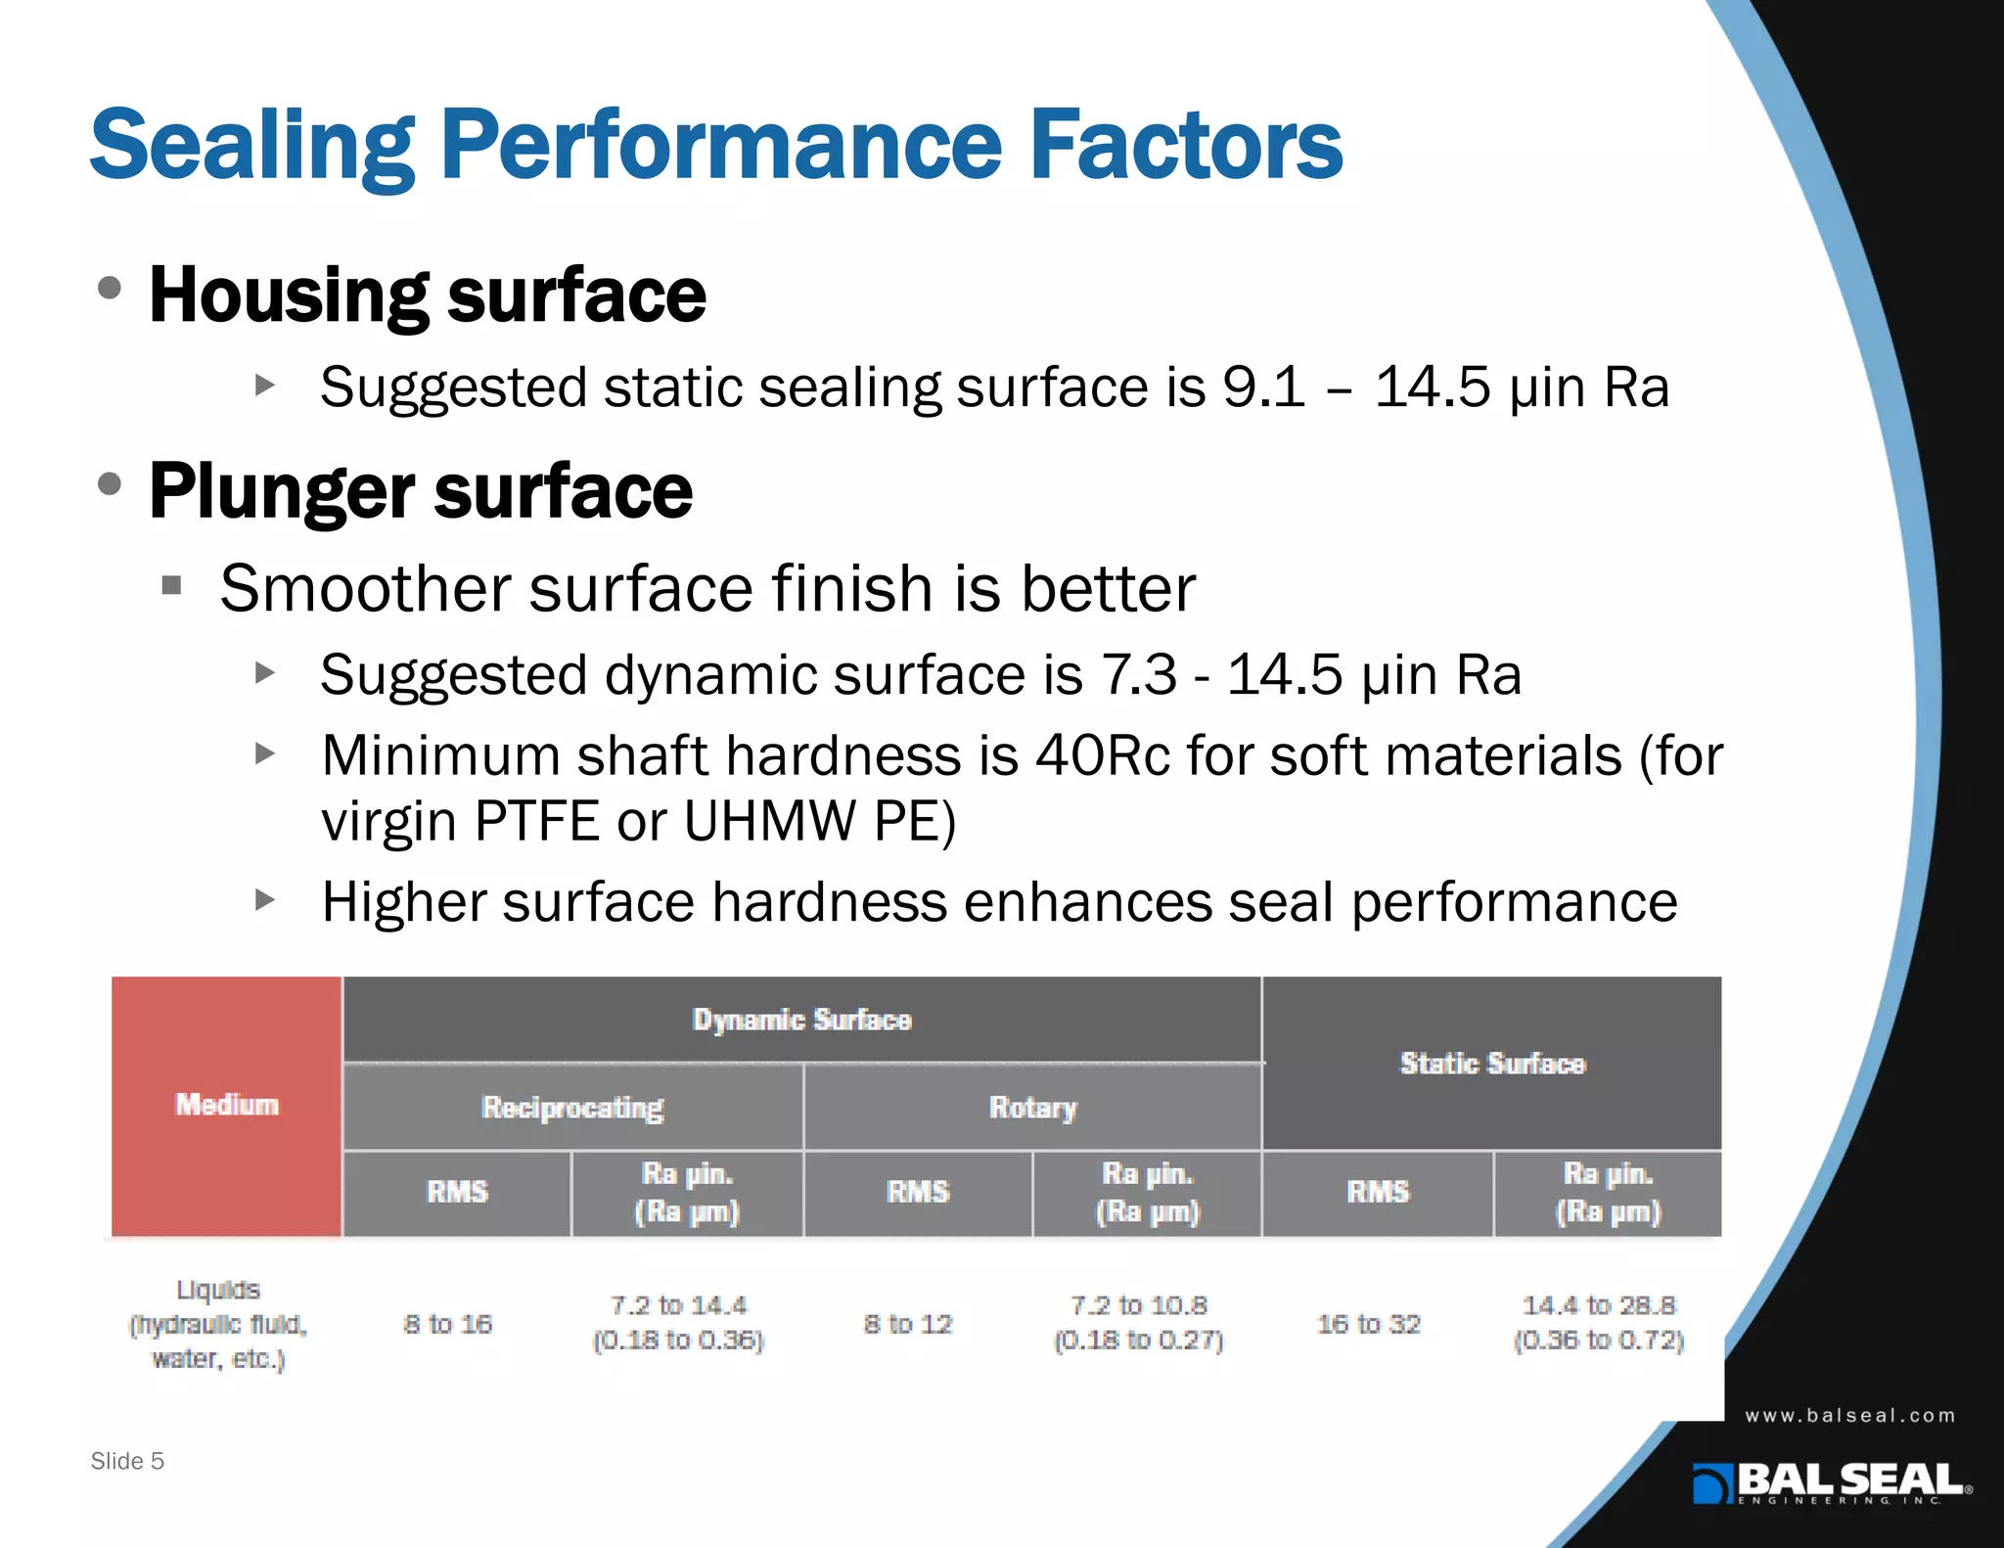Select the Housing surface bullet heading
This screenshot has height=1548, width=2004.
coord(427,296)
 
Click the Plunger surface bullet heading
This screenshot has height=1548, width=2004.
coord(421,491)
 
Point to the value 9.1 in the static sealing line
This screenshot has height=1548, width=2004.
coord(1263,387)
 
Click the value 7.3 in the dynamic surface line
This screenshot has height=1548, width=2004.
coord(1139,675)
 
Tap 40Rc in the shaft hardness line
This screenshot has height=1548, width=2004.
coord(1103,756)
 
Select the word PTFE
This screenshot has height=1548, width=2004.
coord(536,821)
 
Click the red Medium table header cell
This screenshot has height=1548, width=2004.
coord(227,1105)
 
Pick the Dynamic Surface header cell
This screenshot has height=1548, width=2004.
coord(801,1020)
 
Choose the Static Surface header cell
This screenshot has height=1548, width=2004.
coord(1492,1063)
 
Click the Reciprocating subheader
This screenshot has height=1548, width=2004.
coord(572,1107)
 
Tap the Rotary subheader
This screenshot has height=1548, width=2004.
coord(1032,1107)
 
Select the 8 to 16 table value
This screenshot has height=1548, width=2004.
coord(448,1324)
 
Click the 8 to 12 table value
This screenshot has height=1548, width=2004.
coord(908,1324)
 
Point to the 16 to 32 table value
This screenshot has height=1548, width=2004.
coord(1368,1324)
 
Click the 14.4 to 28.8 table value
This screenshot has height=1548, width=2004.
coord(1599,1305)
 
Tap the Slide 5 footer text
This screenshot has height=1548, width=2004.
coord(127,1461)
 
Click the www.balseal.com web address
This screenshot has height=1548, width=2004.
coord(1849,1416)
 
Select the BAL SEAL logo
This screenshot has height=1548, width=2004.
coord(1832,1482)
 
